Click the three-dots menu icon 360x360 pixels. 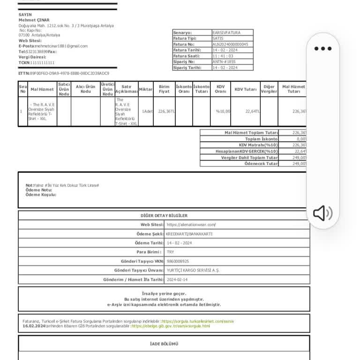click(323, 48)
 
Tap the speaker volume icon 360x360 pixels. click(322, 213)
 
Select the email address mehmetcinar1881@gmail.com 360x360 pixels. click(61, 46)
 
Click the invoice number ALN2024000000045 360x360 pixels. click(230, 44)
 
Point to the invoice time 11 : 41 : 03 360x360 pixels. click(223, 56)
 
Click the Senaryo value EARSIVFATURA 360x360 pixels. click(225, 32)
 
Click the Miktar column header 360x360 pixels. click(146, 89)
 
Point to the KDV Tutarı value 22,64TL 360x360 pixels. click(253, 112)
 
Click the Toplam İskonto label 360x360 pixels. click(261, 139)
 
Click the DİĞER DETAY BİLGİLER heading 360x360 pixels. click(164, 216)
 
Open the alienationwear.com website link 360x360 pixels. click(191, 225)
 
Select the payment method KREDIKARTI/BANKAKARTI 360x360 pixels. click(189, 234)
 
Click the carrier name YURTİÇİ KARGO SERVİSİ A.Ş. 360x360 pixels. click(193, 270)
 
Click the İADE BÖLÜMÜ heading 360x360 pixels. click(164, 344)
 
